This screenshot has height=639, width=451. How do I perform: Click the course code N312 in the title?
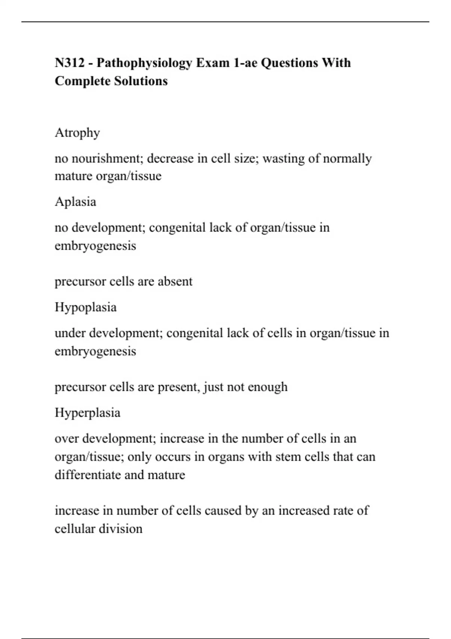pos(70,63)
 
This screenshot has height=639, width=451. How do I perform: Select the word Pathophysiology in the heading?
pos(144,63)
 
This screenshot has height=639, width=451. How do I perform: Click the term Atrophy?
pos(77,133)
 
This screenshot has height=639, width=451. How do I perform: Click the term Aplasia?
pos(76,202)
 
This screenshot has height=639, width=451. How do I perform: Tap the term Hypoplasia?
pos(86,307)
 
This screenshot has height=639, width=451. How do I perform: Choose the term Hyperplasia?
pos(88,413)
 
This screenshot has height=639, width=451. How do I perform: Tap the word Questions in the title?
pos(289,63)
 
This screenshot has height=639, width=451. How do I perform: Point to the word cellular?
pos(75,529)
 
